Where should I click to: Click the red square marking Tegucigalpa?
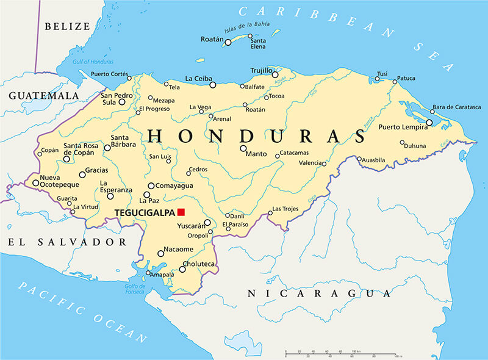point(181,212)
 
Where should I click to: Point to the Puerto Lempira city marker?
point(429,123)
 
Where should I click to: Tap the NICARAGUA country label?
point(318,294)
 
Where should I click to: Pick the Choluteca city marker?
point(182,269)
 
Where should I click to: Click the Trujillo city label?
point(261,71)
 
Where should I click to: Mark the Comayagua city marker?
point(151,185)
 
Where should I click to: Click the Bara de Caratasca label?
point(456,107)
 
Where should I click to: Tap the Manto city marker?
point(243,148)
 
